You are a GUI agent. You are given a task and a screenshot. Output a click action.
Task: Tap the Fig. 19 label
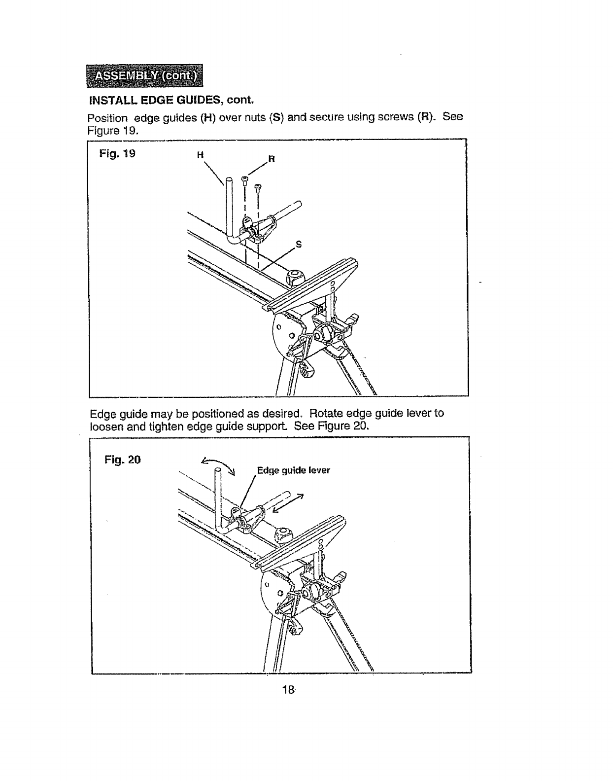click(117, 153)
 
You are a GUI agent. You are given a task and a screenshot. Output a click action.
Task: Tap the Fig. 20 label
click(123, 460)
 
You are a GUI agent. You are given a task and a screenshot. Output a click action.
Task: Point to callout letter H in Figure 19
click(200, 155)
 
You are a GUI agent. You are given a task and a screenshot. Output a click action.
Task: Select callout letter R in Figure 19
click(271, 159)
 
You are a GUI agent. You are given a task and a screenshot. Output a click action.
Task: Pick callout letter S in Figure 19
click(298, 244)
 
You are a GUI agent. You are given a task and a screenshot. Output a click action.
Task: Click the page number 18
click(289, 690)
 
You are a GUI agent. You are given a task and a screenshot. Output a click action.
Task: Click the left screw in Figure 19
click(244, 180)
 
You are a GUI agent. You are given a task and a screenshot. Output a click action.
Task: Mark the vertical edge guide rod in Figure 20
click(217, 498)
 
